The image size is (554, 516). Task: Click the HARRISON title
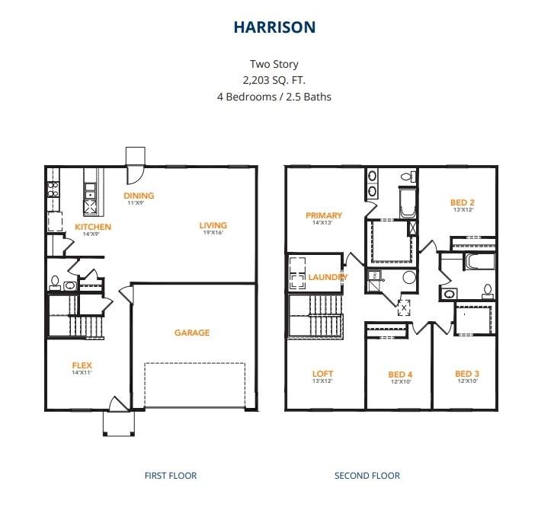[x=274, y=27]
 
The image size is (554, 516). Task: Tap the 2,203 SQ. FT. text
[x=274, y=80]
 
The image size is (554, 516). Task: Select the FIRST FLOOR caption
[x=171, y=476]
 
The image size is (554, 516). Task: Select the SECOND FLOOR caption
[x=367, y=476]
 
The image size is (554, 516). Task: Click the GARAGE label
[x=191, y=333]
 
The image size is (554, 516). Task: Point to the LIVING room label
[x=213, y=225]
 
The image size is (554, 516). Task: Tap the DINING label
[x=139, y=196]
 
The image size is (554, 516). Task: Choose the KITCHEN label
[x=93, y=227]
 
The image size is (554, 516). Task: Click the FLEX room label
[x=82, y=365]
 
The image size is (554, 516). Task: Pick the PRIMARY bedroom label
[x=324, y=215]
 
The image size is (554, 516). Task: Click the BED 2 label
[x=463, y=202]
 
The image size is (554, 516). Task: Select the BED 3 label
[x=466, y=374]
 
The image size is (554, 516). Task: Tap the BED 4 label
[x=400, y=374]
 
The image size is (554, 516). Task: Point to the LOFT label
[x=322, y=374]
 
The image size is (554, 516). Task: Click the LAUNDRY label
[x=328, y=277]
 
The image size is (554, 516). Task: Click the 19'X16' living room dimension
[x=213, y=234]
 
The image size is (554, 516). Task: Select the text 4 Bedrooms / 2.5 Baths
[x=274, y=97]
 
